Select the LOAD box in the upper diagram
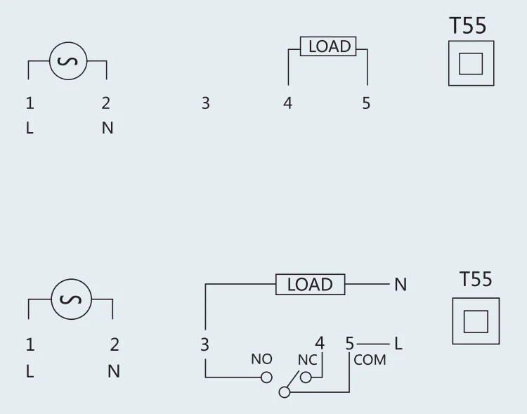tap(329, 46)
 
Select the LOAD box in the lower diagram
tap(310, 284)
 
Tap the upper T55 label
tap(467, 26)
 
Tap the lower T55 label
tap(476, 279)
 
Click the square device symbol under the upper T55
tap(471, 63)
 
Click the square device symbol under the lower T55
tap(475, 321)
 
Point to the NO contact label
tap(261, 359)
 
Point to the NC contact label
tap(308, 359)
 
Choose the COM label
tap(370, 360)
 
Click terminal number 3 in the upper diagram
tap(205, 103)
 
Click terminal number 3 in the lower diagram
tap(204, 344)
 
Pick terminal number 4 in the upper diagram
tap(287, 103)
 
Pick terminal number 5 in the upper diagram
tap(366, 103)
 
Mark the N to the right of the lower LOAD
tap(401, 285)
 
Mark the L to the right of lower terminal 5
tap(398, 344)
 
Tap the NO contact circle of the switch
tap(266, 377)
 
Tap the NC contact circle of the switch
tap(306, 377)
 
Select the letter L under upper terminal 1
tap(30, 129)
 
